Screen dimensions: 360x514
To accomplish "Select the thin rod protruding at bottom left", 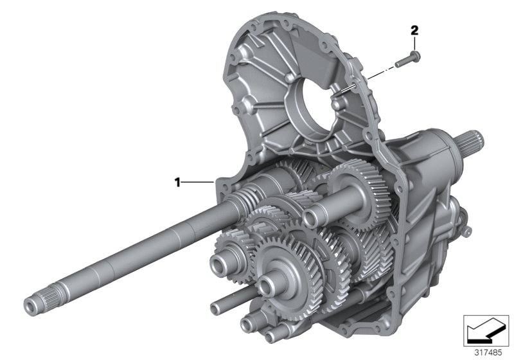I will coord(222,300).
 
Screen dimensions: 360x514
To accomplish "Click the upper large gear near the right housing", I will coord(360,193).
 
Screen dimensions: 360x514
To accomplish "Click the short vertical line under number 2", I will coord(414,42).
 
